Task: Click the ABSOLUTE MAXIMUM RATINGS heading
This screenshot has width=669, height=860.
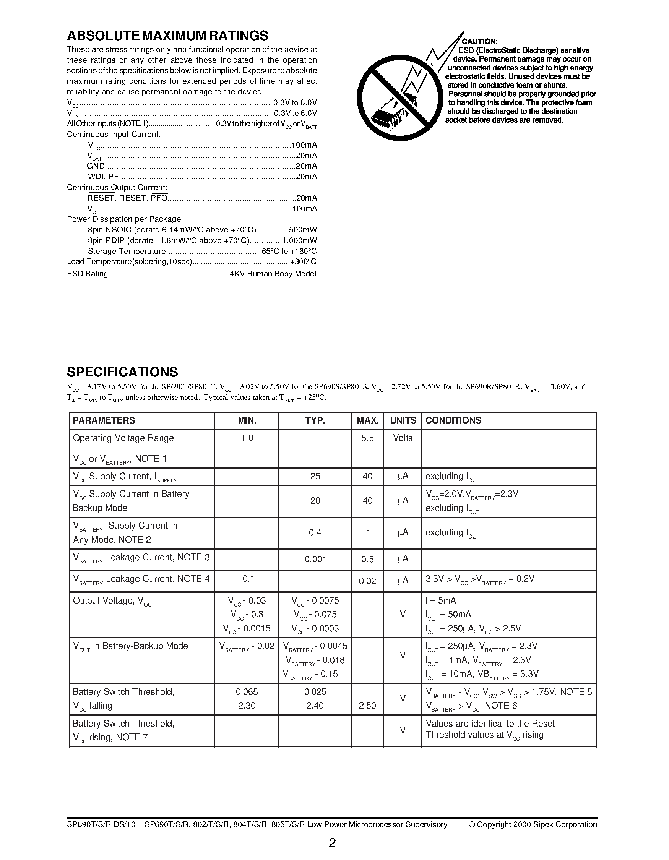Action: coord(167,36)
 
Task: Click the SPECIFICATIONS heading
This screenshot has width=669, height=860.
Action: coord(122,372)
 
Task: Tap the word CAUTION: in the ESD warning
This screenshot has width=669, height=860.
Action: coord(480,42)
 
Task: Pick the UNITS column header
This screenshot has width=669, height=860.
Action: coord(403,420)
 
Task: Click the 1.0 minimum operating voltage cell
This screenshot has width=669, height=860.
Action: coord(247,438)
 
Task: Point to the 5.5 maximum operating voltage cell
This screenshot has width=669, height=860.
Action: coord(367,438)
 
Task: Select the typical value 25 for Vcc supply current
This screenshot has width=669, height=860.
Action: coord(315,476)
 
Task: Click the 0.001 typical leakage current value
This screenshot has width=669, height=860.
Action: coord(315,559)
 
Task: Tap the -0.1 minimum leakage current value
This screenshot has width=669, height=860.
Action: coord(247,578)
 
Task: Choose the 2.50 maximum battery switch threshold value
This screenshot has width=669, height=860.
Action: coord(367,706)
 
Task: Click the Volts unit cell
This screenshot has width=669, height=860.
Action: coord(403,438)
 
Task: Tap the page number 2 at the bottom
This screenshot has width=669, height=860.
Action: coord(332,843)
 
